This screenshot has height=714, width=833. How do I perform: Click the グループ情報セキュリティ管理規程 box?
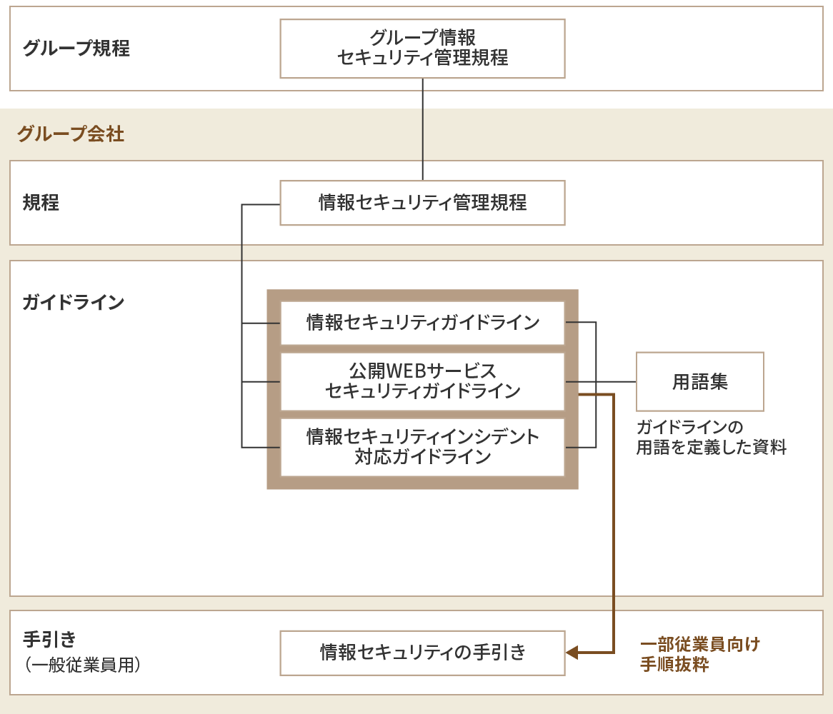click(x=422, y=48)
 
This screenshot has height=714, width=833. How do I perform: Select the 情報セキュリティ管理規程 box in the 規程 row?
click(x=422, y=203)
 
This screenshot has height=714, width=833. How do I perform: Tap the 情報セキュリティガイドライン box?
click(x=422, y=323)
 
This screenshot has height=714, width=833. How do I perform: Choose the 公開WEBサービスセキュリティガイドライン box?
click(x=422, y=381)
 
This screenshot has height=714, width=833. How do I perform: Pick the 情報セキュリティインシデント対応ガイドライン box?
click(x=422, y=446)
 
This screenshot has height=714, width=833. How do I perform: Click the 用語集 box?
click(x=699, y=381)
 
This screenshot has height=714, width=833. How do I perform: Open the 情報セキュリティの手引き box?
click(x=422, y=653)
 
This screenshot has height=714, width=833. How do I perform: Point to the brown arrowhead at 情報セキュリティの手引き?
click(x=572, y=653)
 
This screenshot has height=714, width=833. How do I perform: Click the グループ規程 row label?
click(x=76, y=49)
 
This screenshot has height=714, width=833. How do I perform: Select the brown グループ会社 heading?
click(x=70, y=134)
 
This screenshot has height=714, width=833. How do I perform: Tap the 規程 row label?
click(x=41, y=203)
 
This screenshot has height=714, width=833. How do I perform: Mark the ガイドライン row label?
click(x=73, y=302)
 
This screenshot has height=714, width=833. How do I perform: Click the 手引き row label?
click(x=49, y=638)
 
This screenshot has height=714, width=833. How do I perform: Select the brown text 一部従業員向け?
click(x=699, y=644)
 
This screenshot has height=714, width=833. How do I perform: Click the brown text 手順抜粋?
click(x=674, y=665)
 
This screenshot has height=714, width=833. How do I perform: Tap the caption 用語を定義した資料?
click(x=711, y=448)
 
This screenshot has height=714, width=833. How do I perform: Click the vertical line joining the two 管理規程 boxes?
click(x=423, y=129)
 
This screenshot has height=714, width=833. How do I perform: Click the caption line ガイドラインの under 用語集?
click(x=689, y=428)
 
